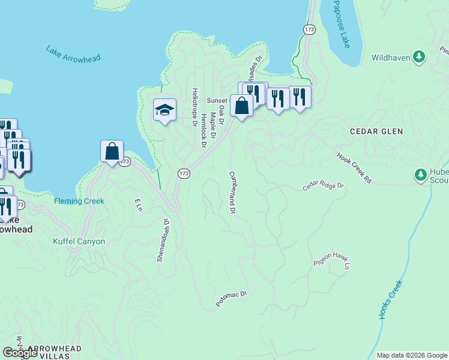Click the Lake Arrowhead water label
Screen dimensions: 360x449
pyautogui.click(x=73, y=53)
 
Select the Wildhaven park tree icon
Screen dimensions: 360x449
pyautogui.click(x=420, y=58)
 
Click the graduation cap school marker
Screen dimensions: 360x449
pyautogui.click(x=164, y=110)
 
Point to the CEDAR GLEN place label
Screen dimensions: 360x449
pyautogui.click(x=376, y=131)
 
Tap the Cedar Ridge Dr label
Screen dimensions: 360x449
pyautogui.click(x=324, y=187)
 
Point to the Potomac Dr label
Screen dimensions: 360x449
pyautogui.click(x=232, y=298)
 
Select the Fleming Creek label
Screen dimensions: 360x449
pyautogui.click(x=79, y=202)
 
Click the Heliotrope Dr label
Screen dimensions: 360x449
pyautogui.click(x=194, y=107)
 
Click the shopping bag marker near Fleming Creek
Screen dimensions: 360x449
pyautogui.click(x=112, y=151)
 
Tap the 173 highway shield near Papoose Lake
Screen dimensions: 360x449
pyautogui.click(x=309, y=29)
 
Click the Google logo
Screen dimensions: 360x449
pyautogui.click(x=20, y=353)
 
